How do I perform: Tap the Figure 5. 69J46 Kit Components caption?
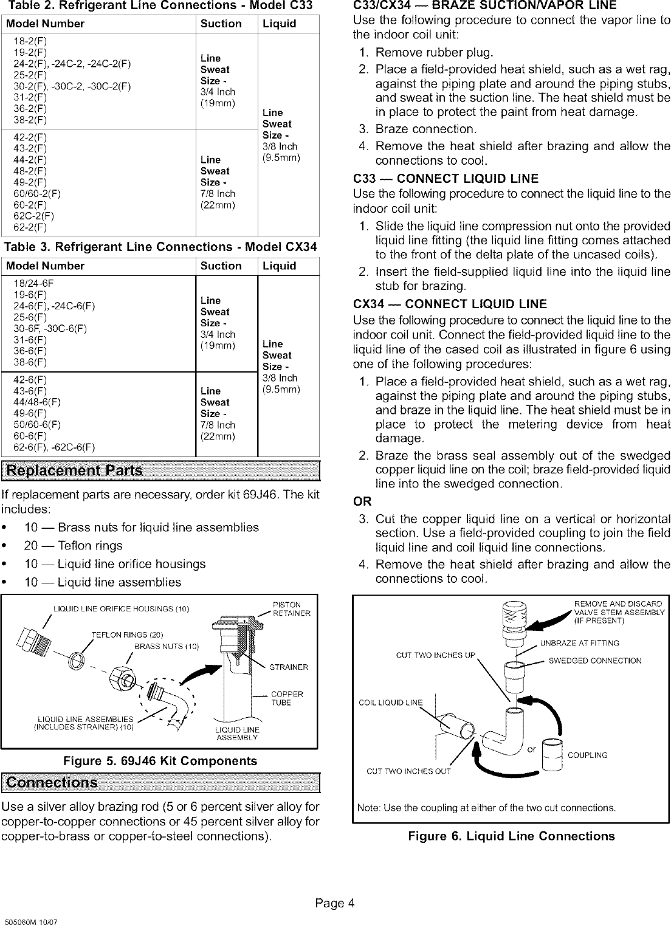pos(160,761)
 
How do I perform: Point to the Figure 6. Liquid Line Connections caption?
pos(511,836)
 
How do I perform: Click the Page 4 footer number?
pos(334,903)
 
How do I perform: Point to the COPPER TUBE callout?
pos(287,698)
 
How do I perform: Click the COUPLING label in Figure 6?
pos(587,755)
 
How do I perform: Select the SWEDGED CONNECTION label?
pos(594,661)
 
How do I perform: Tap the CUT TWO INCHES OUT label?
pos(408,772)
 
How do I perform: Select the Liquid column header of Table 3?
pos(279,266)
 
